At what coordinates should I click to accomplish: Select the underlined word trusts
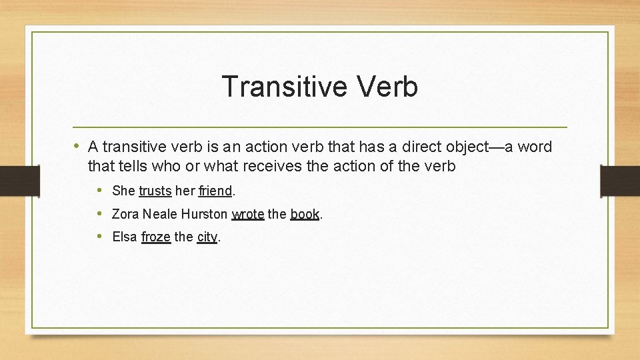[x=155, y=191]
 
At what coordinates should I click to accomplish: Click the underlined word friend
[x=215, y=191]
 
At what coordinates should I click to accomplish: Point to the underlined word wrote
[x=248, y=214]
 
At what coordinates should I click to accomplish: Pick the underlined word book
[x=305, y=214]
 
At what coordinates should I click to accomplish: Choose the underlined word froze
[x=156, y=237]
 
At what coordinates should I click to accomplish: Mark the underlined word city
[x=207, y=237]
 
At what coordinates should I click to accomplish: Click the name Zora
[x=126, y=214]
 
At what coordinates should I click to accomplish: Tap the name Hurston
[x=205, y=214]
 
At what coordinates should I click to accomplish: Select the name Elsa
[x=125, y=237]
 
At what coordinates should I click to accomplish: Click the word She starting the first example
[x=124, y=191]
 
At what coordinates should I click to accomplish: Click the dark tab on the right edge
[x=619, y=180]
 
